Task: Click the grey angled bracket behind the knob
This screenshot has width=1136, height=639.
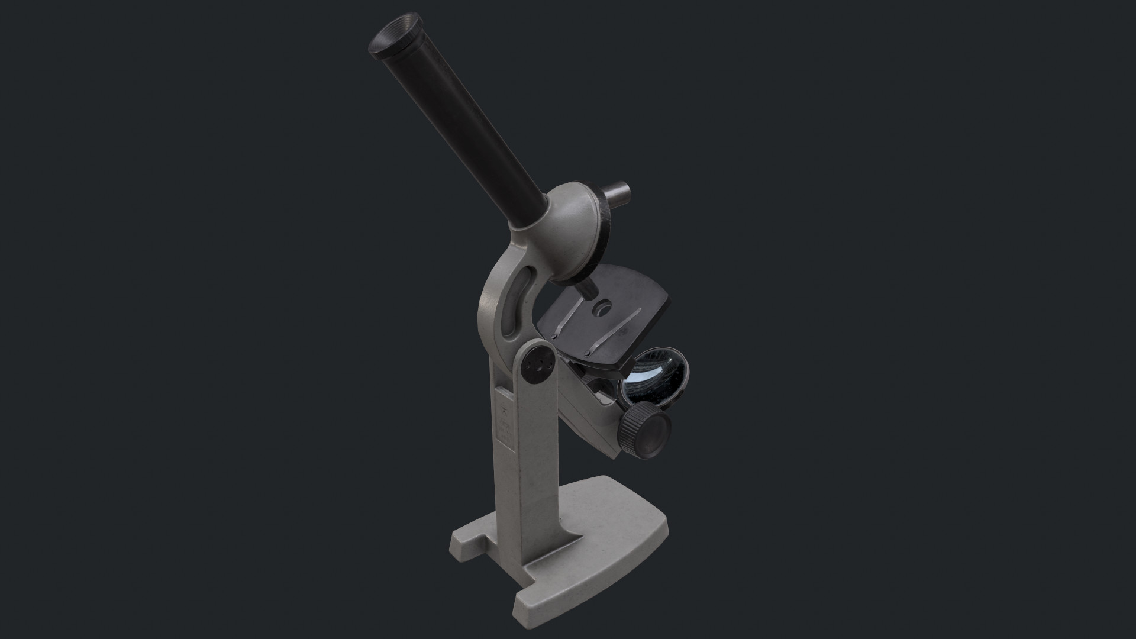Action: (x=589, y=414)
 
